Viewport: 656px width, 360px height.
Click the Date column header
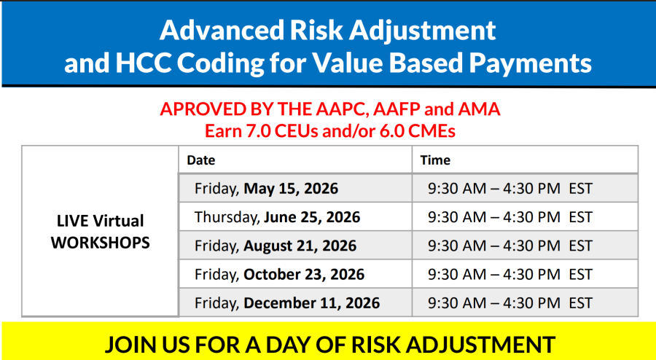[x=201, y=160]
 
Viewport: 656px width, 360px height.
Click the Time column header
[x=435, y=160]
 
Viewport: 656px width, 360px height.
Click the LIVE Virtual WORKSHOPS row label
[x=101, y=232]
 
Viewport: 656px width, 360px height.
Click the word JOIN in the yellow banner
[x=128, y=344]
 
